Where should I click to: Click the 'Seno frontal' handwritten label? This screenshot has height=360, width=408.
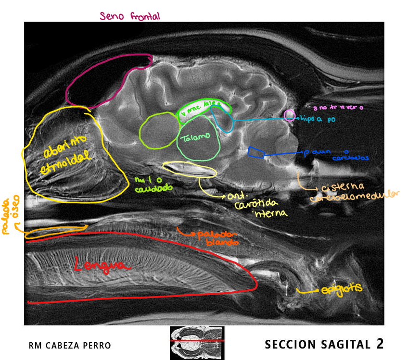129,16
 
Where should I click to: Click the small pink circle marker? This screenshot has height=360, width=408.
289,115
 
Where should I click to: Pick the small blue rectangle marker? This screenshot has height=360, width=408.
256,153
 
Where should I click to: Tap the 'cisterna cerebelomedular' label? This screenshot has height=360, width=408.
354,191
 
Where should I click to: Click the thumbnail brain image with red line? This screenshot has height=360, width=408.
197,343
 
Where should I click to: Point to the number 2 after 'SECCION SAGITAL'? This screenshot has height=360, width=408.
380,344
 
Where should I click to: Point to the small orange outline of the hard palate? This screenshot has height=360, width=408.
55,232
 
